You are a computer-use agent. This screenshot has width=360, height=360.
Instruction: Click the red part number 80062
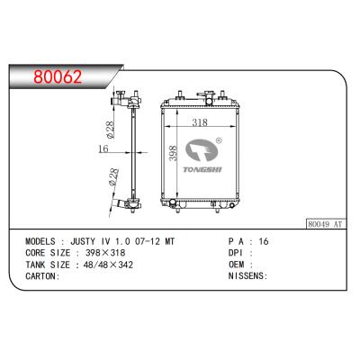point(58,76)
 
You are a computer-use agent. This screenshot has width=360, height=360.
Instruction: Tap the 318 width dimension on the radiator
point(200,122)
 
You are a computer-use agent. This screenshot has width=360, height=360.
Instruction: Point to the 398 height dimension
point(173,154)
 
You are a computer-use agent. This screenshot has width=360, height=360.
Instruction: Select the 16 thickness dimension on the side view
point(103,148)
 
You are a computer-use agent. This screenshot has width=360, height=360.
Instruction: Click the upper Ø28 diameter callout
point(110,130)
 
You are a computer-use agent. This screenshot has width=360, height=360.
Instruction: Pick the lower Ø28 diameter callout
point(113,177)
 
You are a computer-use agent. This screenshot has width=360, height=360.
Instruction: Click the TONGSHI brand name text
point(202,170)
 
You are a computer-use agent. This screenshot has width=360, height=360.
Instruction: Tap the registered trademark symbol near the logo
point(219,140)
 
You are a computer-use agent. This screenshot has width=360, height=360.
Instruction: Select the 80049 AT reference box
point(326,224)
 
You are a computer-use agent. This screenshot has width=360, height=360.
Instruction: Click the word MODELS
point(40,241)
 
